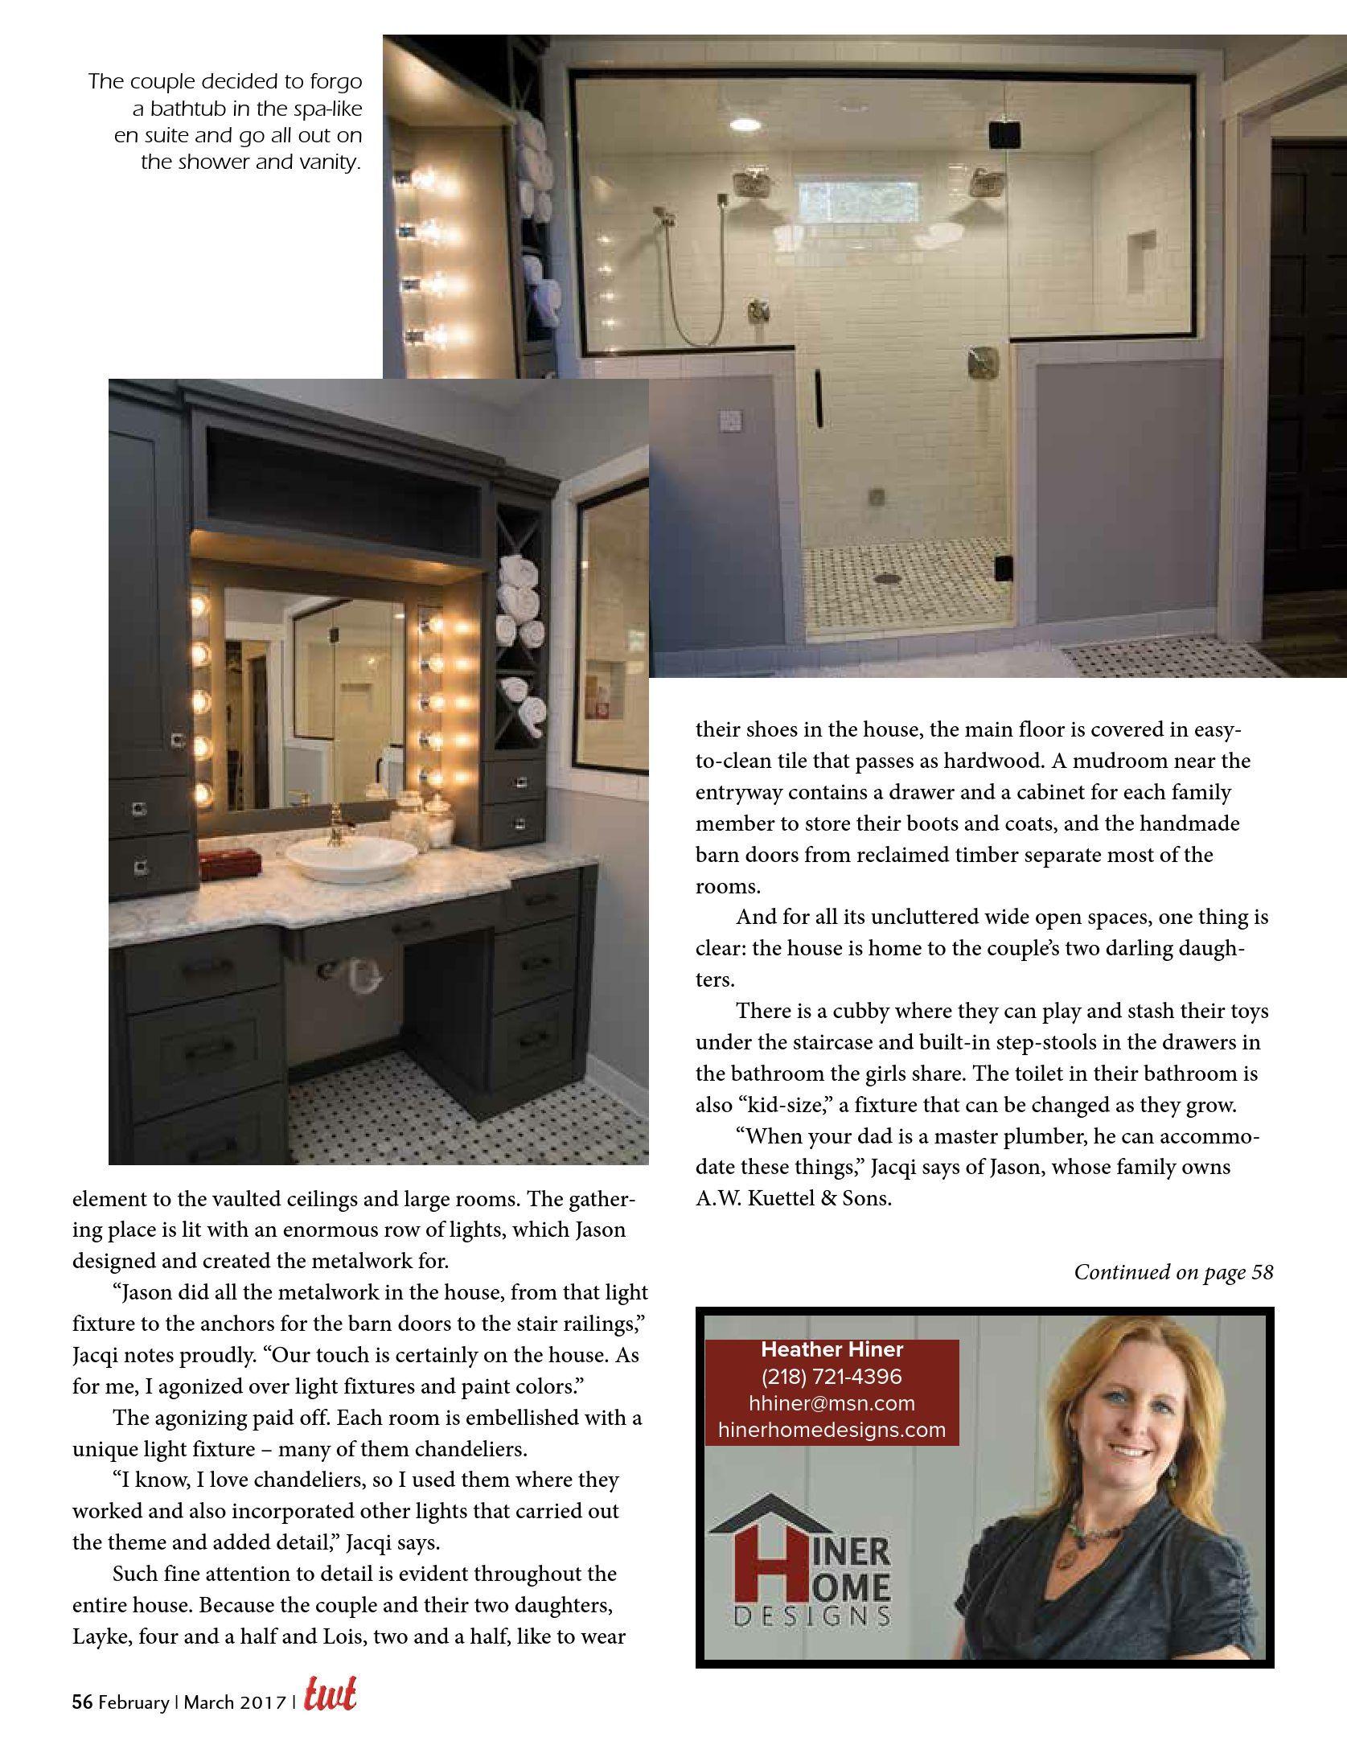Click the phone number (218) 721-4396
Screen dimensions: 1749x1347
tap(832, 1376)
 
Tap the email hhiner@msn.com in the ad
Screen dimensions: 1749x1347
tap(832, 1403)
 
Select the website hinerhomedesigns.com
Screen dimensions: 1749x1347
tap(832, 1430)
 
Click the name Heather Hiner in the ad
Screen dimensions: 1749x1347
tap(832, 1349)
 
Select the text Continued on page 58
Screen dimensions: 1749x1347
tap(1173, 1272)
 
